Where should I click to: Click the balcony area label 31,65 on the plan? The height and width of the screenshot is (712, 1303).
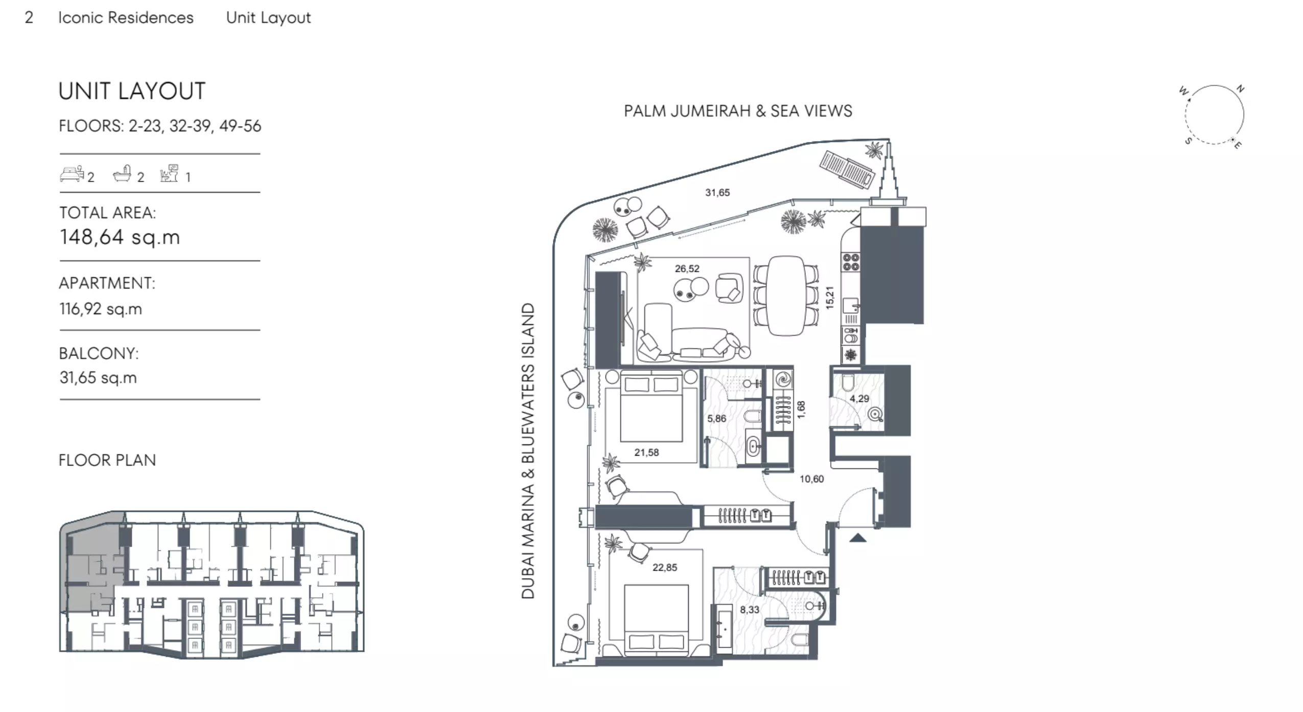717,193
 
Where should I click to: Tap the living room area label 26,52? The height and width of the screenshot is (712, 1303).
687,269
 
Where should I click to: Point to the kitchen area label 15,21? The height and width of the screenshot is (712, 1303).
829,297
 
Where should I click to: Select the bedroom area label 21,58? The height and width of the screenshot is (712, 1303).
646,453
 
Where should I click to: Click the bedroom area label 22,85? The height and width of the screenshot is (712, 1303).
664,567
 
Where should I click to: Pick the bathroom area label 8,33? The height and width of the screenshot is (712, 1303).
749,609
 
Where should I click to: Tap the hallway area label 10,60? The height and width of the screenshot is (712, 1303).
811,479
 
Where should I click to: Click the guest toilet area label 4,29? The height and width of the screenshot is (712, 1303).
859,399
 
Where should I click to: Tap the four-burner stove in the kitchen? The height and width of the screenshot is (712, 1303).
851,262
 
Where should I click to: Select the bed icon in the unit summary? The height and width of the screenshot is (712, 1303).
72,174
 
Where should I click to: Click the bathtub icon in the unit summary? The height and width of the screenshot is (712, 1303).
123,174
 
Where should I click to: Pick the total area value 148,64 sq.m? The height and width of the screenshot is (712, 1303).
120,237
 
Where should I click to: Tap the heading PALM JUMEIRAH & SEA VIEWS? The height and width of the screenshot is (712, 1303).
738,111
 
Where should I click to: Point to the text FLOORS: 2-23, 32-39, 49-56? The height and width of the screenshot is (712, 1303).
160,126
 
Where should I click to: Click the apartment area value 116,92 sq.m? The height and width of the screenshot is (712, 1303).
101,309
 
